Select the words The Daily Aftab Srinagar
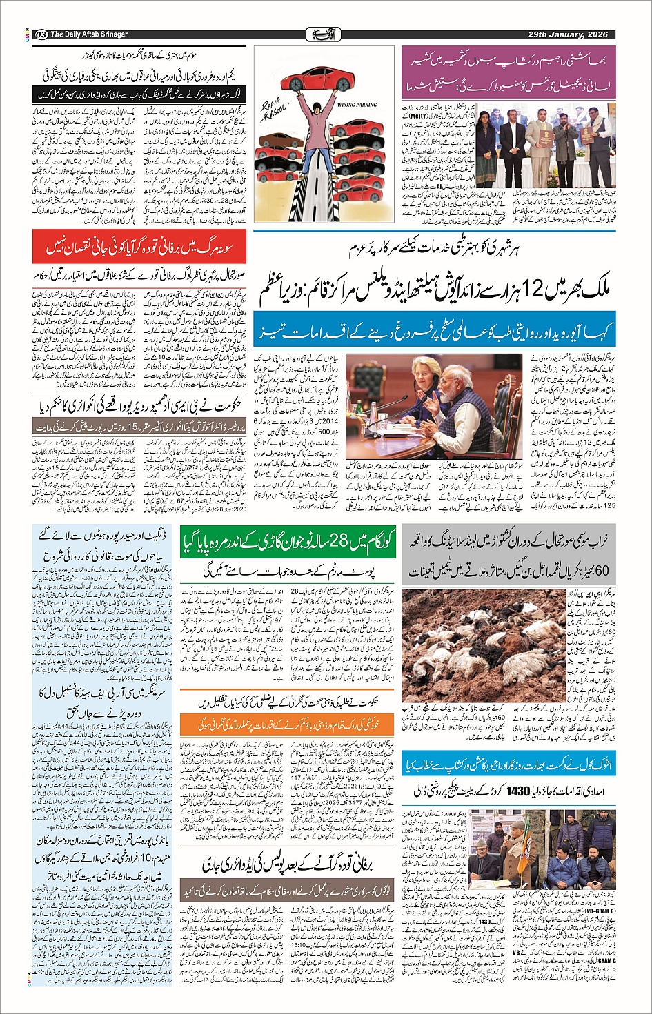[x=88, y=34]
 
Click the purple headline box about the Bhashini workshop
[x=508, y=72]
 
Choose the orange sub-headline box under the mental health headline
[x=287, y=724]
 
